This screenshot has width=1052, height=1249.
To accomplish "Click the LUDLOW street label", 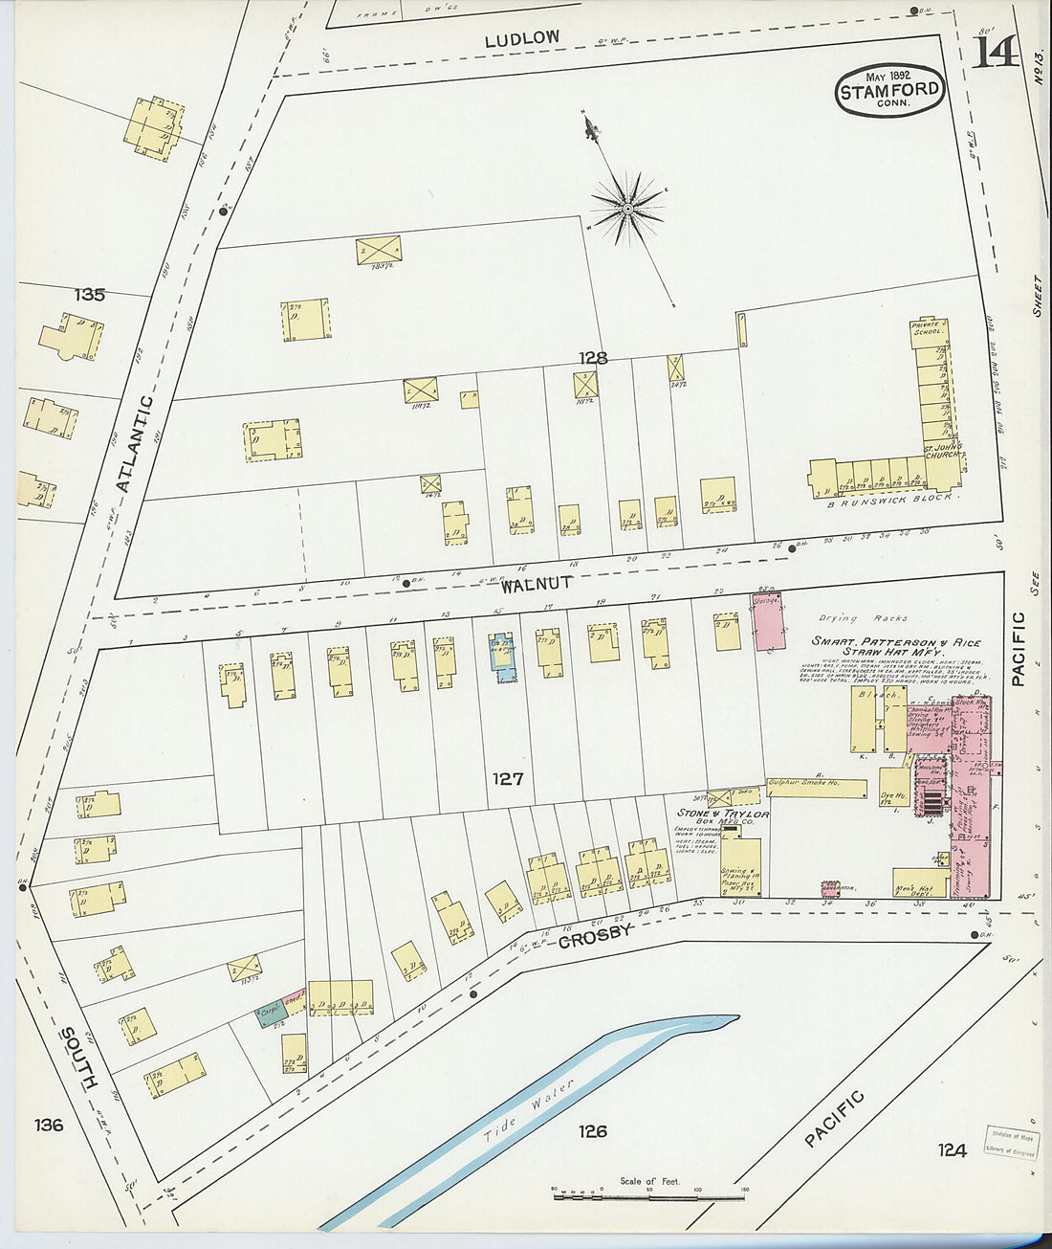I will coord(521,39).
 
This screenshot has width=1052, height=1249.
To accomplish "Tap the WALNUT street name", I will coord(541,582).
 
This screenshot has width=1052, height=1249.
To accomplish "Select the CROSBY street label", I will coord(595,935).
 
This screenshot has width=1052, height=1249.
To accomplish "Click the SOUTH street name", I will coord(78,1058).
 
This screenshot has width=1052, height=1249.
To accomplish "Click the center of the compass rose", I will coord(627,208).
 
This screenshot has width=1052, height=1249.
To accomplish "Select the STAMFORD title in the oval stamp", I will coord(890,92).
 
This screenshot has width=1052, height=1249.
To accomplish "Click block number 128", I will coord(593,358).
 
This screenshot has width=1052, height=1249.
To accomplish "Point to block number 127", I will coord(507,778).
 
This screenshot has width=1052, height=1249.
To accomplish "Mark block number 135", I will coord(89,295).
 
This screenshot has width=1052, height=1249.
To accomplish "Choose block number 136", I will coord(48,1125).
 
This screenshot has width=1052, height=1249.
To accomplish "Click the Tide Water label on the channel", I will coord(528,1110).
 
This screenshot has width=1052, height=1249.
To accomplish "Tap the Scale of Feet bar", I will coord(648,1195).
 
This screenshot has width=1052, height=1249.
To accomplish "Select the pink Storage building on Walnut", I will coord(768,621).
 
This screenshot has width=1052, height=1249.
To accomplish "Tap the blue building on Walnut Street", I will coord(503,656).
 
